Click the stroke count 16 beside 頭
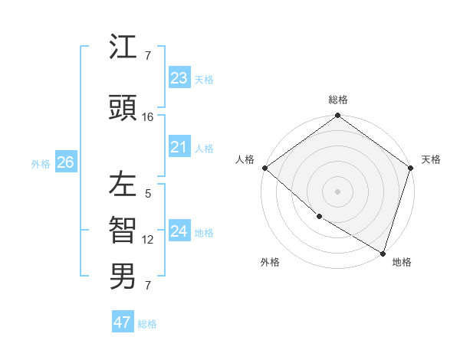[148, 117]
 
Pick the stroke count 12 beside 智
[148, 240]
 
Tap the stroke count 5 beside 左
[148, 194]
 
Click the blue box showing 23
[179, 78]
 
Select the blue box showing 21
[179, 147]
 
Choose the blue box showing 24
[179, 231]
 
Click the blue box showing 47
[123, 322]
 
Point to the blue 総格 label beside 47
[148, 324]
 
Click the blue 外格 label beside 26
[41, 163]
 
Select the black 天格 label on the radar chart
[431, 159]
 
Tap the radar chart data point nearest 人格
[264, 168]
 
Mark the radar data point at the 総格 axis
[338, 116]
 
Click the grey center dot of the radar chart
[338, 191]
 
